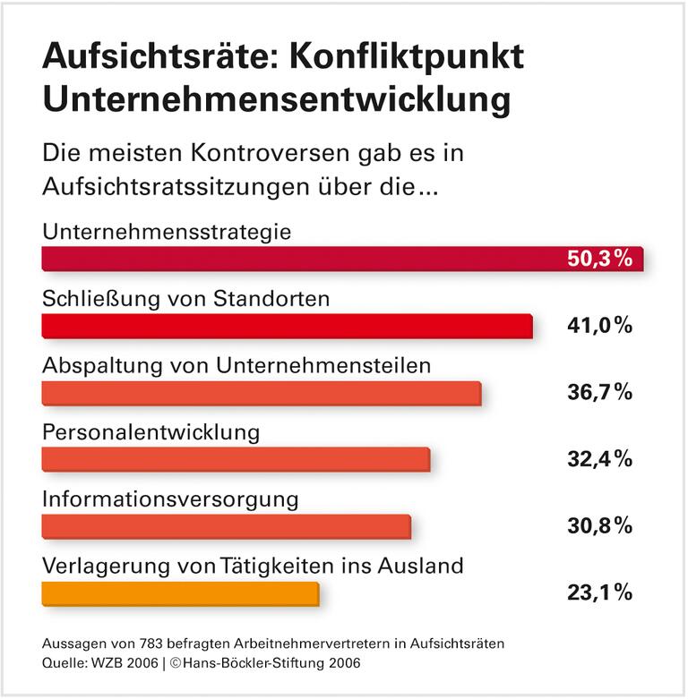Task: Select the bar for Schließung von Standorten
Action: click(x=287, y=327)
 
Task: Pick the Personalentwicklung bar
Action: click(x=236, y=459)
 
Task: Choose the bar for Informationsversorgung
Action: click(x=226, y=526)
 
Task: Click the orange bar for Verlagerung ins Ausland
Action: click(x=180, y=593)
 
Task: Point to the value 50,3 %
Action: click(x=599, y=260)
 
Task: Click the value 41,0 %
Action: click(x=599, y=326)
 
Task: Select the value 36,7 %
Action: click(x=599, y=392)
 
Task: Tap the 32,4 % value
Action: click(x=599, y=459)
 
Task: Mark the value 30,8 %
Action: click(x=599, y=525)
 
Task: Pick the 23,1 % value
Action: click(x=599, y=592)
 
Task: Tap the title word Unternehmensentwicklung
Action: click(x=276, y=99)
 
